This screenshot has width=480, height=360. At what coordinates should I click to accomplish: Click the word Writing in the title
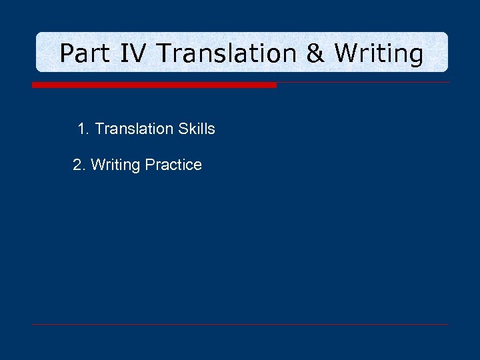point(378,53)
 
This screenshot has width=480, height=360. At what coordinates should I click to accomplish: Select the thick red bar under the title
point(154,85)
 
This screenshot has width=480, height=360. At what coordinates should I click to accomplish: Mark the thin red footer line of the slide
point(240,325)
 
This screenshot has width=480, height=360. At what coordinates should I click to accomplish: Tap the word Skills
point(197,129)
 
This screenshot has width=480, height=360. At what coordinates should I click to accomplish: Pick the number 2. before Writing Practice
point(79,165)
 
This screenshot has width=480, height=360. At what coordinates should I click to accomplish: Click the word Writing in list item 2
point(115,165)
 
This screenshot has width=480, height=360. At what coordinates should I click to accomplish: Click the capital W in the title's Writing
point(345,53)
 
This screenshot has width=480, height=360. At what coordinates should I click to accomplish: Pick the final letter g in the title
point(415,56)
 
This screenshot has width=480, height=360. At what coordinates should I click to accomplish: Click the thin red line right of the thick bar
point(363,83)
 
